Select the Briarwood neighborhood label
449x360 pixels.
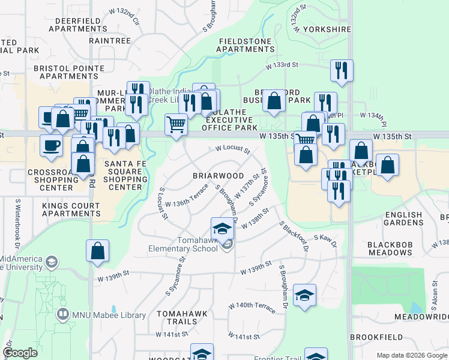218,176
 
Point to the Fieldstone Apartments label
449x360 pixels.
247,45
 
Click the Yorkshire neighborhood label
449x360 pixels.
327,29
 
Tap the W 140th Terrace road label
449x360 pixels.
252,307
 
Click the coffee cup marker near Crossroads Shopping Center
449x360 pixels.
51,145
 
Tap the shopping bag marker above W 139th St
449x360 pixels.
97,251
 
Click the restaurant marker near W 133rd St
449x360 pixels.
341,70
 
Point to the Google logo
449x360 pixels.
20,353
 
